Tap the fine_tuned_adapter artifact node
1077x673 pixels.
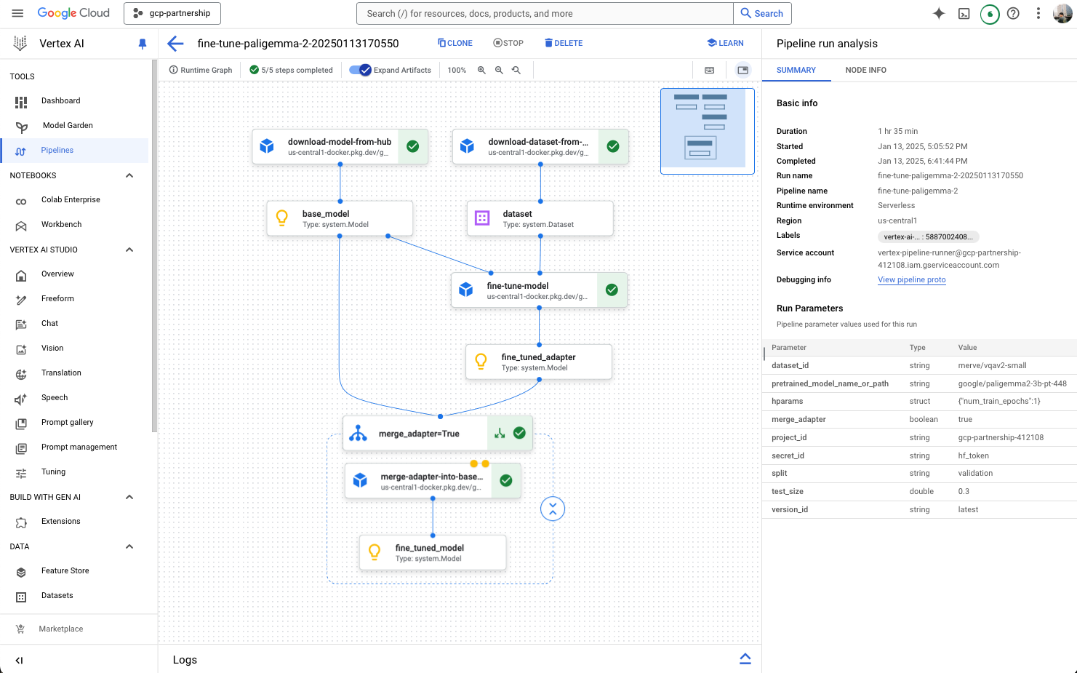click(538, 362)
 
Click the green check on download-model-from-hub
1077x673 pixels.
click(412, 146)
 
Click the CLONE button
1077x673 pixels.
click(455, 43)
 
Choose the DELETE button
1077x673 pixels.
click(564, 43)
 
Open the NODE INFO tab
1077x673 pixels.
click(865, 70)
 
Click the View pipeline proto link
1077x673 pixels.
click(911, 279)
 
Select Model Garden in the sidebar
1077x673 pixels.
click(68, 125)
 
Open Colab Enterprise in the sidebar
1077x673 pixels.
click(71, 199)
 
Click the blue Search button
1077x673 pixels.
click(762, 13)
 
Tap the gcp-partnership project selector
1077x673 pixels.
click(172, 13)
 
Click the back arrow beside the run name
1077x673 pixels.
click(175, 44)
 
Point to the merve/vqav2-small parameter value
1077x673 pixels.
click(992, 365)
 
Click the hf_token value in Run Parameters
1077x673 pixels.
click(973, 455)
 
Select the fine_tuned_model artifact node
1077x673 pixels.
click(433, 553)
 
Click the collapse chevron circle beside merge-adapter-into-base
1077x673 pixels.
click(553, 509)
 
